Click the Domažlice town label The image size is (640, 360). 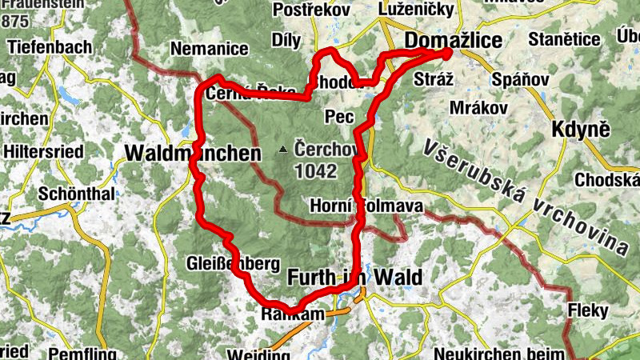click(454, 39)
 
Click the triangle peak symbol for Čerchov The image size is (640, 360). click(282, 150)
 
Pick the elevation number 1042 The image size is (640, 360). click(315, 170)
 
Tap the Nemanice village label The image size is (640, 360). click(210, 49)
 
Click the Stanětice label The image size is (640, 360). click(569, 39)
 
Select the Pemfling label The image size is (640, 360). click(78, 353)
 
